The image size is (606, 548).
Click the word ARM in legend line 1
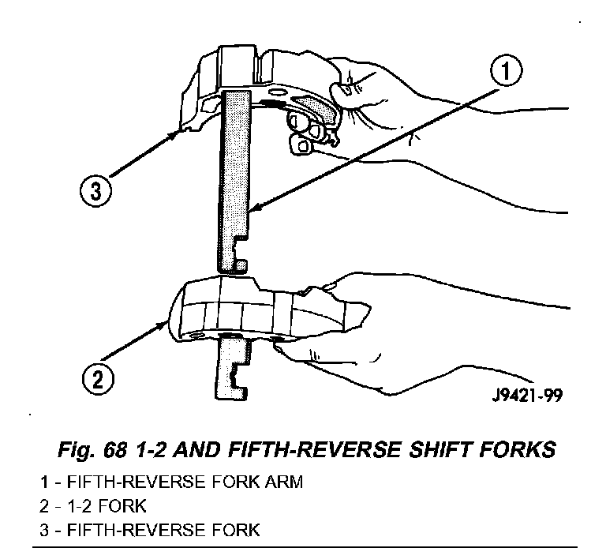coord(285,481)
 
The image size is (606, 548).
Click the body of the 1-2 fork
coord(237,308)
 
